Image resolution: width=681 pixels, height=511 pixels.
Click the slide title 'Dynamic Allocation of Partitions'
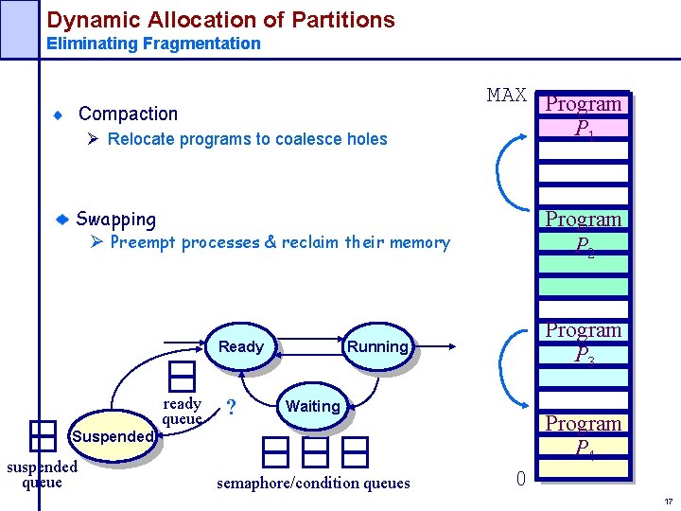coord(220,19)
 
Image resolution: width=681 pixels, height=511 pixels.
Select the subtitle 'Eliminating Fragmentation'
coord(153,44)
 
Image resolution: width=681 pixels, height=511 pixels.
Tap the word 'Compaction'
coord(128,114)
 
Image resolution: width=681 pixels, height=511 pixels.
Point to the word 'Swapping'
coord(115,220)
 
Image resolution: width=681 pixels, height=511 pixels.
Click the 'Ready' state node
coord(240,347)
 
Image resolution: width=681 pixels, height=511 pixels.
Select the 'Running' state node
coord(376,347)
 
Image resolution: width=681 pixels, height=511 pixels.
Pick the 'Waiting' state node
coord(312,407)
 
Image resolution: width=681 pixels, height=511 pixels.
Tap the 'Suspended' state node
coord(112,437)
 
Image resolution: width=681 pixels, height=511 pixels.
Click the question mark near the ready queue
coord(231,408)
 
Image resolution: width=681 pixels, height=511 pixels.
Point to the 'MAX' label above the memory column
coord(506,95)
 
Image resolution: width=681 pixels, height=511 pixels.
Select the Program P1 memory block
coord(584,116)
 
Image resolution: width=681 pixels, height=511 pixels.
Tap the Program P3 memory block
coord(584,344)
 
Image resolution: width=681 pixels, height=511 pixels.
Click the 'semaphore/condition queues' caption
coord(313,484)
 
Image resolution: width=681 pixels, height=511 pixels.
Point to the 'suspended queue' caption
coord(42,475)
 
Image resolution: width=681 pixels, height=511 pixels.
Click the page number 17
coord(668,502)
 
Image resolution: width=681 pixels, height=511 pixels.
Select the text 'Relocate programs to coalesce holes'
coord(247,139)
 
